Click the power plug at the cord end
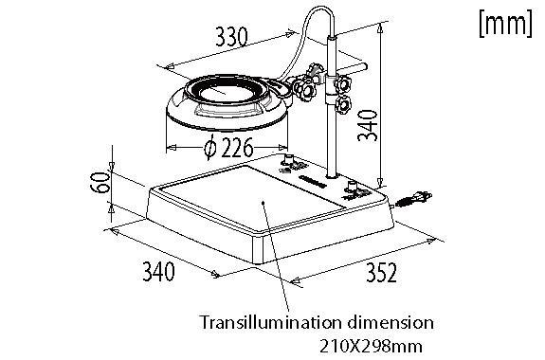tap(415, 199)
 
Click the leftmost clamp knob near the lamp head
tap(304, 93)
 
